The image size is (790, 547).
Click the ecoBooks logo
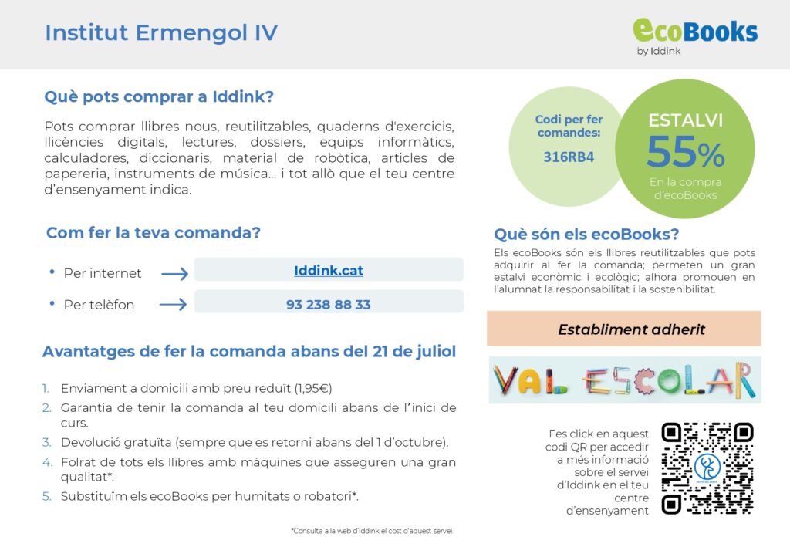point(695,37)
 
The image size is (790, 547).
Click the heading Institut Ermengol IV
point(161,32)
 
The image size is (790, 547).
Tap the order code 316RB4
point(569,157)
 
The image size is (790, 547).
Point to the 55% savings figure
point(685,152)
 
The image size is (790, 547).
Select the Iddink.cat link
point(329,271)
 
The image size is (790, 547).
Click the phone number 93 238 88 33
point(329,304)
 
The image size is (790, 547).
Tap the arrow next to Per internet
point(174,273)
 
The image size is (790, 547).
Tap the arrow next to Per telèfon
point(173,304)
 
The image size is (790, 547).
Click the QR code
point(707,468)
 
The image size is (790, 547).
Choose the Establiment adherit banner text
point(631,329)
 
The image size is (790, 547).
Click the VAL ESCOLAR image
point(625,380)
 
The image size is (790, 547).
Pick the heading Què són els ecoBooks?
point(586,235)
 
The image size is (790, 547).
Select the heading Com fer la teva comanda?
point(154,233)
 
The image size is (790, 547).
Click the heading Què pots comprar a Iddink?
point(159,96)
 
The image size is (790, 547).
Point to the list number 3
point(47,442)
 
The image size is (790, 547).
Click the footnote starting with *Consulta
point(372,531)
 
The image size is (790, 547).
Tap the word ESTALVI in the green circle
point(685,120)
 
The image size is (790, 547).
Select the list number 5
point(47,497)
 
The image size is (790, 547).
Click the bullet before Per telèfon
point(52,303)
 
